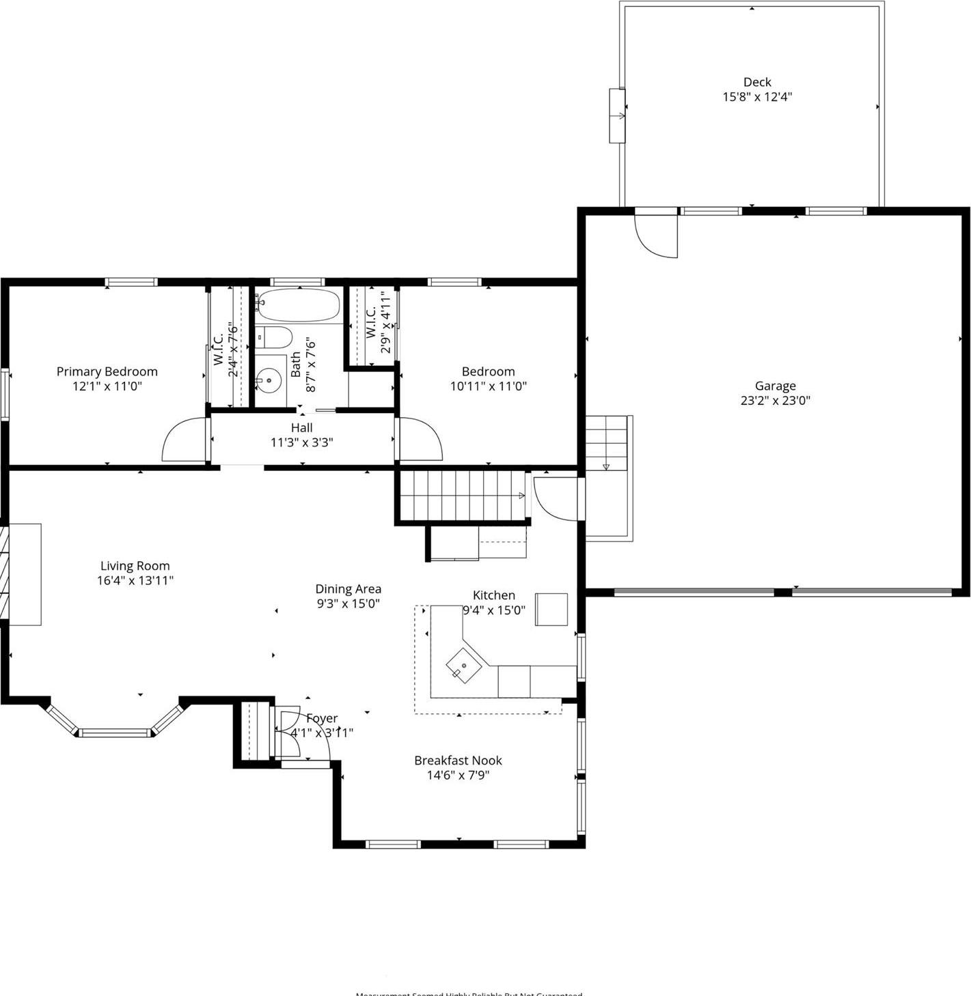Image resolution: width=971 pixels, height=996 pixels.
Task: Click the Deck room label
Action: click(x=757, y=82)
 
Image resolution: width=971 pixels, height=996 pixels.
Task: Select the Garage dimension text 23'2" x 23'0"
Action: click(x=775, y=401)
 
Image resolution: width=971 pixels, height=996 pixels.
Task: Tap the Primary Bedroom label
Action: click(x=107, y=371)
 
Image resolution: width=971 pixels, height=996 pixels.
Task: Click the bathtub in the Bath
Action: click(x=299, y=306)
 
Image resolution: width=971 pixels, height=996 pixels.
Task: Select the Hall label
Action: click(x=301, y=428)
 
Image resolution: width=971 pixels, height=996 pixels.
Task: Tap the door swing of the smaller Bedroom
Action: click(x=419, y=441)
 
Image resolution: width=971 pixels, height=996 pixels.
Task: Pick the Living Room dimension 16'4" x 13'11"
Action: click(x=135, y=581)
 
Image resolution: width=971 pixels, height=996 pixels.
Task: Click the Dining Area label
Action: click(x=348, y=588)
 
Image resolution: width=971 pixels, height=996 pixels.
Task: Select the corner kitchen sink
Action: click(x=463, y=665)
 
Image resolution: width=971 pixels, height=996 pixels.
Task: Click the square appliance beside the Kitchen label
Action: click(x=551, y=609)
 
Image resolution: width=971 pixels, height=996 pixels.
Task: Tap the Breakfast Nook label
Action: click(x=458, y=760)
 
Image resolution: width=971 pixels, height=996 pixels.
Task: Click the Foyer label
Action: click(x=321, y=718)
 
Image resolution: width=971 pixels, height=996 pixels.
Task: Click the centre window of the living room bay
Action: click(x=114, y=733)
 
